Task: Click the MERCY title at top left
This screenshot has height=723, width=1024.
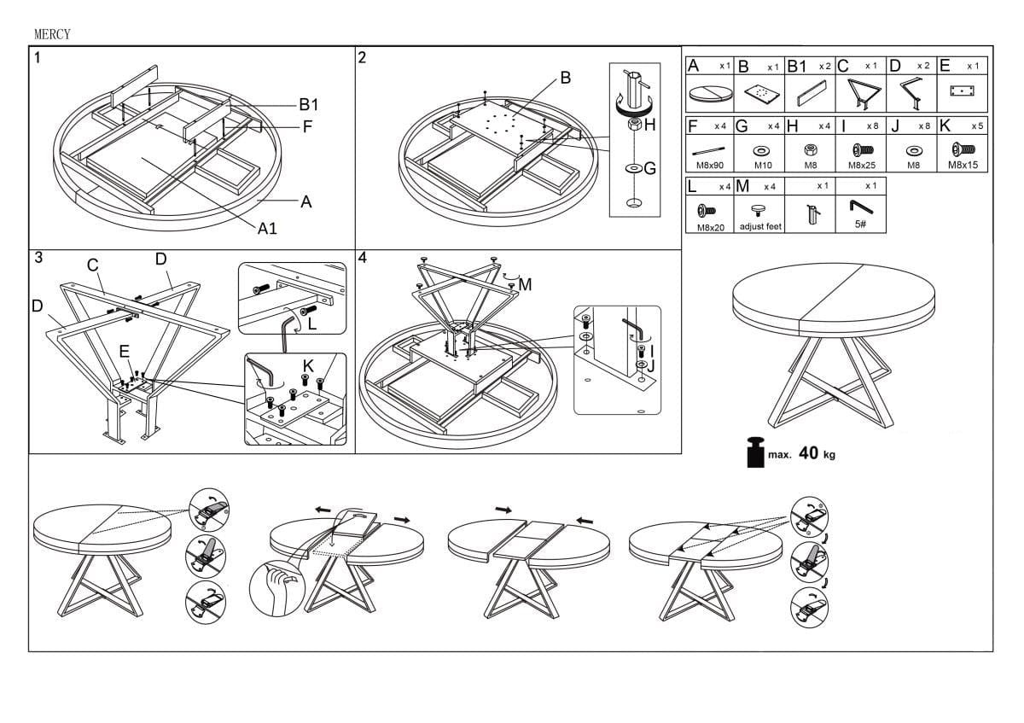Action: (51, 34)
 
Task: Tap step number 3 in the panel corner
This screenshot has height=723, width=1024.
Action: (38, 258)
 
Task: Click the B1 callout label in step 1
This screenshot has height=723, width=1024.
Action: (308, 105)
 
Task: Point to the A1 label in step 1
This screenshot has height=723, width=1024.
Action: (268, 228)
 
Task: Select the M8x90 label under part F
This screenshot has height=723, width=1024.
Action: (710, 165)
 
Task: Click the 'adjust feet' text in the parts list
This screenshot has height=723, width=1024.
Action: (760, 226)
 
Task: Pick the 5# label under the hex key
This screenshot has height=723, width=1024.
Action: (859, 224)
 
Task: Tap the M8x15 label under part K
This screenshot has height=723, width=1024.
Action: (963, 165)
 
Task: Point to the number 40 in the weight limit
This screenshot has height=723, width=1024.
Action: (810, 453)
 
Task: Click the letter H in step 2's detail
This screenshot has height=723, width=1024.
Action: (649, 125)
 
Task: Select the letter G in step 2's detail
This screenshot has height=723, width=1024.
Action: (649, 169)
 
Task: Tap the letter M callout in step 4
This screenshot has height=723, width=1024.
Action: (525, 284)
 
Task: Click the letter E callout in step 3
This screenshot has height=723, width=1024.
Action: (125, 350)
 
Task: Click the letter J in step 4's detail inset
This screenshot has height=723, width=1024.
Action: (651, 366)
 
